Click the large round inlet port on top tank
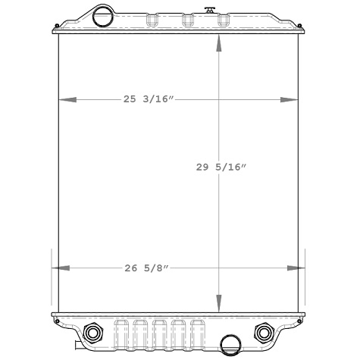click(101, 14)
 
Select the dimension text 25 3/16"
click(149, 99)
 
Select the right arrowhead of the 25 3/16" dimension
click(290, 99)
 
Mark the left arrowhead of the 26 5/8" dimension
click(60, 268)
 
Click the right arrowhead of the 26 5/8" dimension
click(296, 268)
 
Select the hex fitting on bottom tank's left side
click(94, 333)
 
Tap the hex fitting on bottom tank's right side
click(264, 333)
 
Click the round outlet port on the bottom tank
click(230, 345)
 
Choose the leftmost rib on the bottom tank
click(121, 333)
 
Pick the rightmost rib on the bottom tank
click(199, 333)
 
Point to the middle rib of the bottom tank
click(160, 333)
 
